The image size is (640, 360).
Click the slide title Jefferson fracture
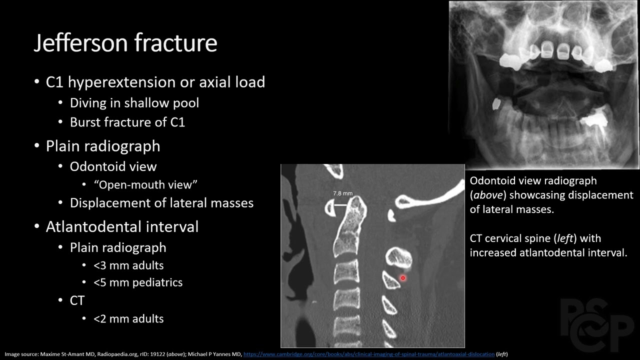point(125,43)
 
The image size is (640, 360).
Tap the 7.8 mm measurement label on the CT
point(343,193)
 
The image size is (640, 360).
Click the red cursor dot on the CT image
point(402,278)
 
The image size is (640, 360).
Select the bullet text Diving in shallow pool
point(134,103)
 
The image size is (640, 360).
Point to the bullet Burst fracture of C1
point(127,122)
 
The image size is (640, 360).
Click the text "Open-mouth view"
point(145,184)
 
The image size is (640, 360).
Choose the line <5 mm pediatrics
point(138,282)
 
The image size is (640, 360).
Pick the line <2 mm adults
point(128,318)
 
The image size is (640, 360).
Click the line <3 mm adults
point(128,265)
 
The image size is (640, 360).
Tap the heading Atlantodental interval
point(122,227)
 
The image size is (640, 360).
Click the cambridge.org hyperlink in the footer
point(368,354)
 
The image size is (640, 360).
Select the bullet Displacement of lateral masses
point(161,203)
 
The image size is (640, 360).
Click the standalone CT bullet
point(77,300)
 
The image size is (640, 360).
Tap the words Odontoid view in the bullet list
point(113,166)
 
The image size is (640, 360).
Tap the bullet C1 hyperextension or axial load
point(155,82)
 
